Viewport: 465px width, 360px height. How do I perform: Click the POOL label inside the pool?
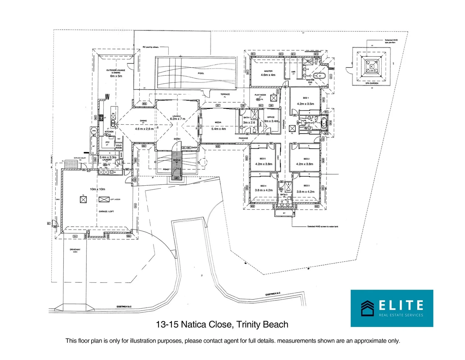pos(201,73)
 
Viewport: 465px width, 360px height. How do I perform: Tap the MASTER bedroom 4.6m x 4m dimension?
pos(268,75)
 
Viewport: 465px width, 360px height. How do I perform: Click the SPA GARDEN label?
pos(372,83)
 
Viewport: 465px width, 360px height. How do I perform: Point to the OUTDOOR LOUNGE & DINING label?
pos(116,71)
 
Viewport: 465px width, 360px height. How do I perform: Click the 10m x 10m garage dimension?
pos(97,189)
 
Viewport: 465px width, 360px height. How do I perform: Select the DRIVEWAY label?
pos(75,250)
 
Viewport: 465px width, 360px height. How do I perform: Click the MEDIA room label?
pos(218,123)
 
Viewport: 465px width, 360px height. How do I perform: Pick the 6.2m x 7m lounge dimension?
pos(177,119)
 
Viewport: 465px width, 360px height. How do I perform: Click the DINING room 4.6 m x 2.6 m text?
pos(144,129)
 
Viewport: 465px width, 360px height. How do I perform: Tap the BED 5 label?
pos(263,159)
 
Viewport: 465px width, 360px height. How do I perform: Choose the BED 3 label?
pos(306,186)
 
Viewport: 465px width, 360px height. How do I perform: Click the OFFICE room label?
pos(271,117)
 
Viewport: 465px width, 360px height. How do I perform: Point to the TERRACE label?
pos(225,94)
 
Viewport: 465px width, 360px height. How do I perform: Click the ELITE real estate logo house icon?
pos(367,308)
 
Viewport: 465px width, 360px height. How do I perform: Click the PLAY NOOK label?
pos(260,95)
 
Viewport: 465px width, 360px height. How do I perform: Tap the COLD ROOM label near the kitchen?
pos(119,147)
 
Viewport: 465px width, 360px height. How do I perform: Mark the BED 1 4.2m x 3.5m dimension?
pos(305,104)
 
